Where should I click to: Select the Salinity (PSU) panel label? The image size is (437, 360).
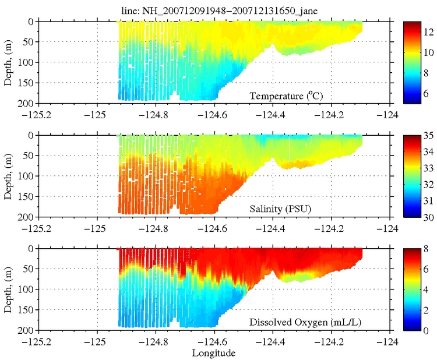pyautogui.click(x=287, y=209)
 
